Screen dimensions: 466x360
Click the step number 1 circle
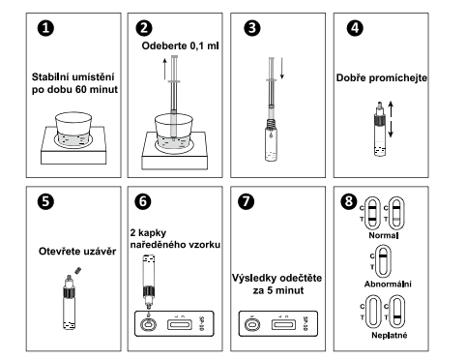45,28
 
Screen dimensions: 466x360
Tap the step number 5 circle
45,201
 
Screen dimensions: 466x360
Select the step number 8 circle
349,201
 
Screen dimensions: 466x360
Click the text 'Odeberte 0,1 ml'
180,45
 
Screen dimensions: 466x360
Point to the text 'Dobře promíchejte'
382,77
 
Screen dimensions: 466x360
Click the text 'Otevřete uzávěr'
77,252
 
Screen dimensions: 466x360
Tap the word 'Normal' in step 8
384,235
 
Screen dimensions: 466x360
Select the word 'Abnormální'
388,285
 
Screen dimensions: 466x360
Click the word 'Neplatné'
390,335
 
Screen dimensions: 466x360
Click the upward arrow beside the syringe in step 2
164,69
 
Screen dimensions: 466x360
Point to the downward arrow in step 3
282,69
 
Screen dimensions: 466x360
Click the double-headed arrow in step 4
391,119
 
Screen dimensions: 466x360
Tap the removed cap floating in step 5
78,270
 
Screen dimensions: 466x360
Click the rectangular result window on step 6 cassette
180,324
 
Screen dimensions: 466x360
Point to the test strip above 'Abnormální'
383,261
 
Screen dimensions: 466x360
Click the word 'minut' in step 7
290,290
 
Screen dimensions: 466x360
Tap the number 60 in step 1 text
80,89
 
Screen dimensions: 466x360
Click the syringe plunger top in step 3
272,58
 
